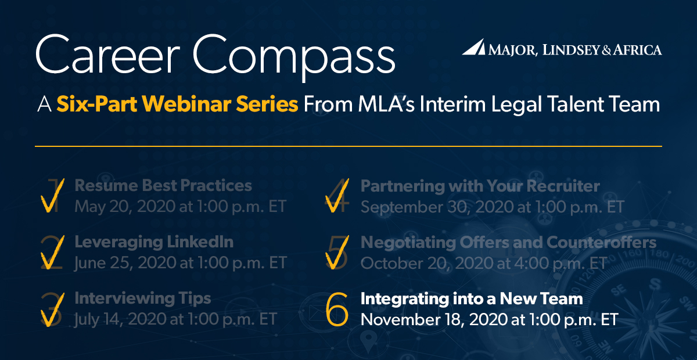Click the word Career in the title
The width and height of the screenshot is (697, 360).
click(108, 54)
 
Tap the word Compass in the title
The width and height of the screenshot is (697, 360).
click(294, 58)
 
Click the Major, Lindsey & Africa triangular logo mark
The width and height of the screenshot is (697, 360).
click(473, 46)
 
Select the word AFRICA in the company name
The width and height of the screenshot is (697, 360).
click(637, 50)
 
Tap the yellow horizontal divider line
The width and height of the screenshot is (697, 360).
click(348, 146)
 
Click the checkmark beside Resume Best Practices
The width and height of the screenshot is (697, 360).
click(52, 196)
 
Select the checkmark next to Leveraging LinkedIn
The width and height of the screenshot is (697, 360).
click(52, 252)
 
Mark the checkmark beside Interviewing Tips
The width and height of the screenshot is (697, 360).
click(52, 309)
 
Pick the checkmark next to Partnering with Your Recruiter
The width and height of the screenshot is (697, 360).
click(337, 196)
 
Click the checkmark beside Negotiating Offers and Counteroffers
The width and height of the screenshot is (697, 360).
click(337, 253)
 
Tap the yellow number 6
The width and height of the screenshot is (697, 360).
click(337, 309)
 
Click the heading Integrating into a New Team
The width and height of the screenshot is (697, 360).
click(472, 298)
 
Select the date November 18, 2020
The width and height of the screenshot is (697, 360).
click(443, 319)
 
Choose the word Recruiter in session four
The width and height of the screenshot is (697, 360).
click(563, 186)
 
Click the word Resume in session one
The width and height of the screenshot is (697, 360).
click(106, 185)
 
